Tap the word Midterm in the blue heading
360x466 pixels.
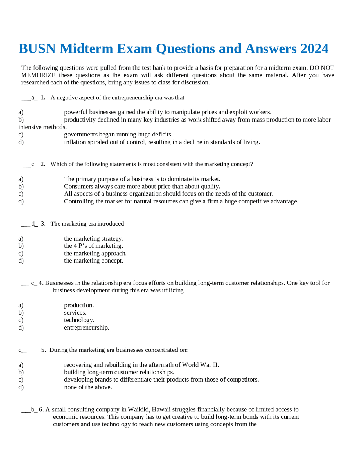point(86,49)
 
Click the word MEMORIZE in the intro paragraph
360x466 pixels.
point(38,75)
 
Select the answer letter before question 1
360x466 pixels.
point(33,98)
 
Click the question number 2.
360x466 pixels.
point(43,164)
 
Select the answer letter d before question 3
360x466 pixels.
point(33,224)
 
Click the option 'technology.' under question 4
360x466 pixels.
point(79,320)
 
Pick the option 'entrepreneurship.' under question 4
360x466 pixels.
point(86,328)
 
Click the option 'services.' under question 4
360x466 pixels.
point(75,313)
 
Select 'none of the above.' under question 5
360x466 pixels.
point(88,387)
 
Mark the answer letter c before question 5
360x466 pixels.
point(20,350)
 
